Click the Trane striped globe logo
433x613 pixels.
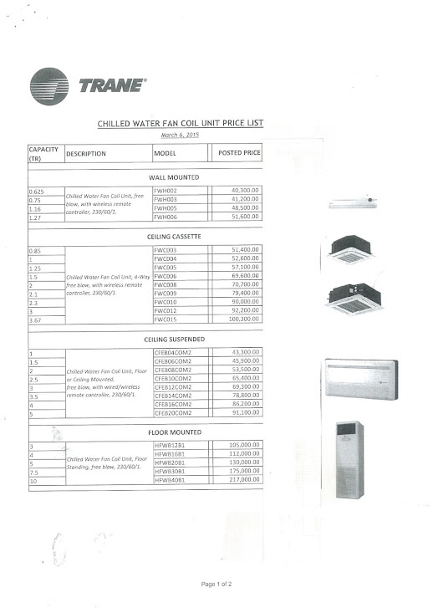click(49, 86)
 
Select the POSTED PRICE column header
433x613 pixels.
click(239, 154)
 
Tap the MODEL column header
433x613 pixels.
click(165, 154)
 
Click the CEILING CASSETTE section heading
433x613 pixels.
click(174, 237)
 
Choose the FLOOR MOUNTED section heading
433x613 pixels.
click(174, 432)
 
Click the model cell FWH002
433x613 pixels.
click(166, 192)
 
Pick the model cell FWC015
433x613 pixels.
click(166, 319)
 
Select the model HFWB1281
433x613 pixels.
click(170, 445)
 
